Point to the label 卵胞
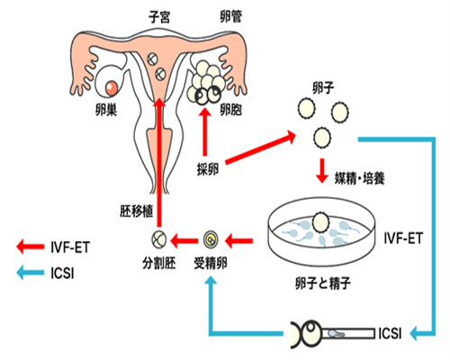[x=232, y=112]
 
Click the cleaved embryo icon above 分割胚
[x=157, y=239]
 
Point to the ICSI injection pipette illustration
[x=333, y=334]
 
